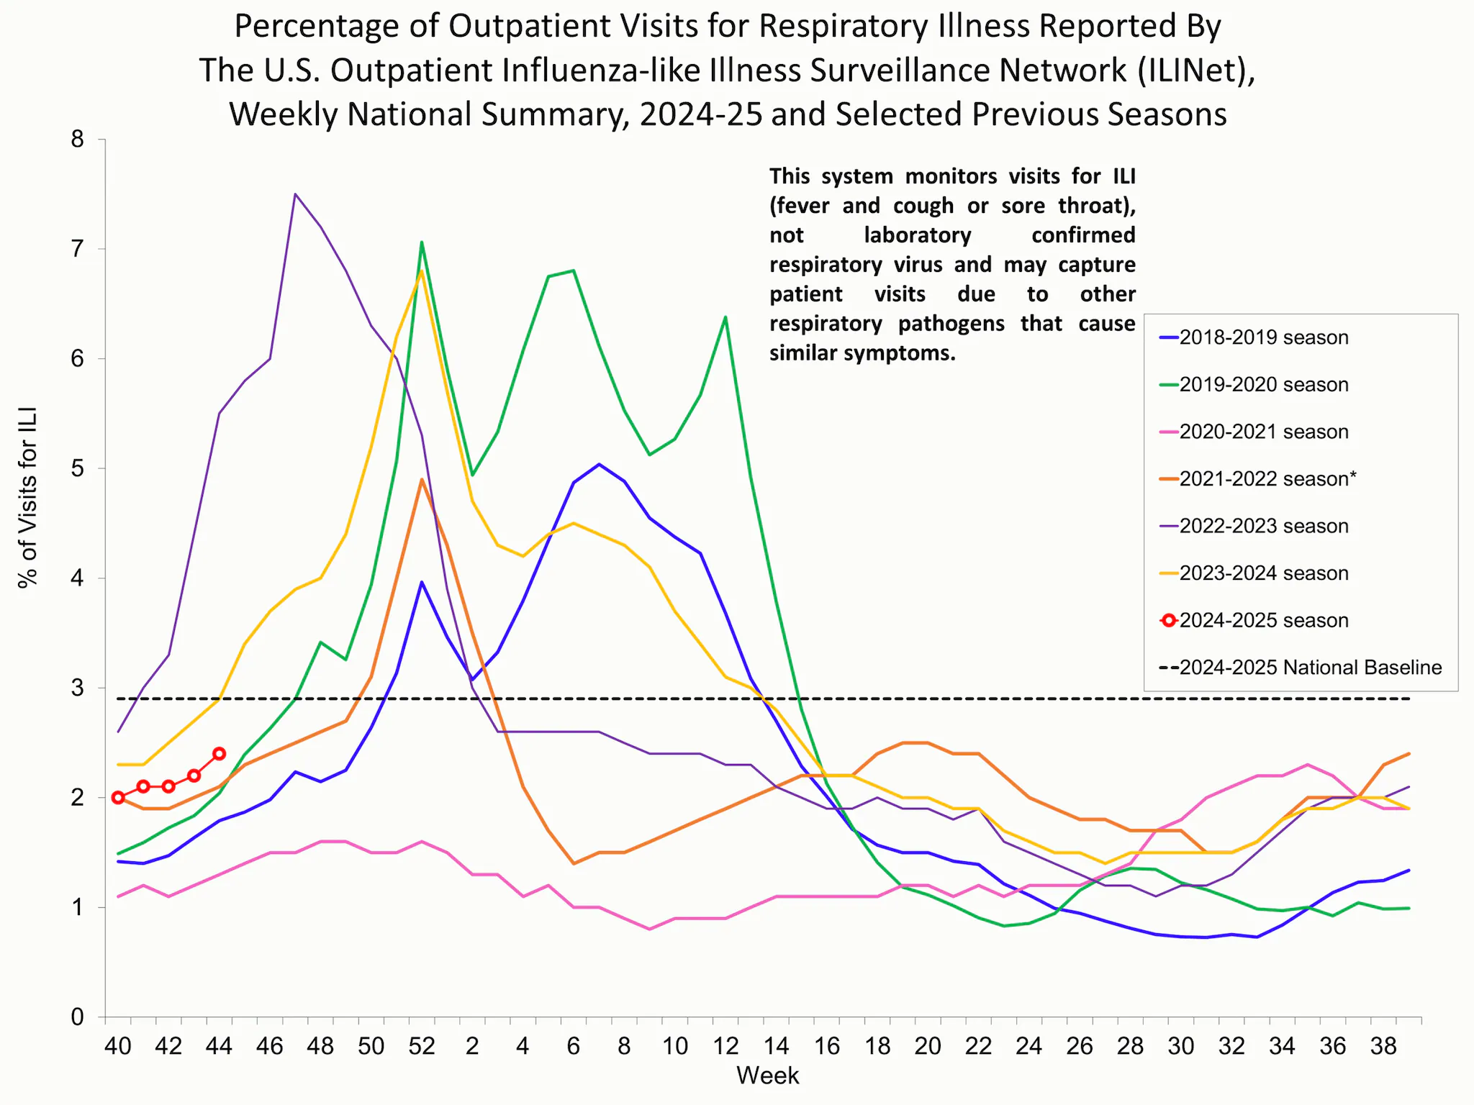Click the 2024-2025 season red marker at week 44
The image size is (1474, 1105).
pos(220,754)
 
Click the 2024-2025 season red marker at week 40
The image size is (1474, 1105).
pos(118,797)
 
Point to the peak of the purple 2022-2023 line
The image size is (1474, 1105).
pos(295,194)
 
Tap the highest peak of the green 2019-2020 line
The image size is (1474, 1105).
pos(422,242)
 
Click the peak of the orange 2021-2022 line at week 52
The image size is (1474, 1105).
pos(422,479)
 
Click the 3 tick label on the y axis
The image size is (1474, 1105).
pos(78,688)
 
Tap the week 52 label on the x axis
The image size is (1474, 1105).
pos(422,1046)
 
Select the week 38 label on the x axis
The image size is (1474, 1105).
pos(1383,1046)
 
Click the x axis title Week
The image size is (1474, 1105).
pos(767,1076)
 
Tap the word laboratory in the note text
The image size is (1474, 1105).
pos(917,235)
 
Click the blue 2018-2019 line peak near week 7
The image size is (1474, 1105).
pos(599,464)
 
